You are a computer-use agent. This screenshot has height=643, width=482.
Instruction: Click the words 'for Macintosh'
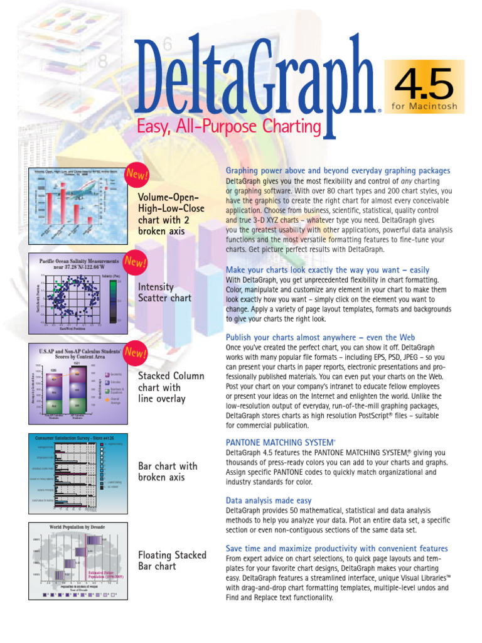(425, 105)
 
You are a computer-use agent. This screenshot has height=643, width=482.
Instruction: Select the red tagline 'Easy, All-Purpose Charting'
(229, 128)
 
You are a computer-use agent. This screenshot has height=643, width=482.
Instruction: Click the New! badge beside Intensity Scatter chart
(135, 261)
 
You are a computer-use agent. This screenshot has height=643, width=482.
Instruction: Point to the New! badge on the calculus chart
(135, 353)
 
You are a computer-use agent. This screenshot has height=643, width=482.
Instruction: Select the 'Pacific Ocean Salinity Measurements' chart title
(78, 264)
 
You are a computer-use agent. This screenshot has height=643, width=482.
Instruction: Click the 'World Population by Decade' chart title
(77, 526)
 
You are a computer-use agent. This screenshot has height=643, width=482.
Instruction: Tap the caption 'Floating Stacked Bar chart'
(172, 560)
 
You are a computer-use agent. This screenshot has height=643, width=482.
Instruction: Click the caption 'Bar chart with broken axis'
(168, 472)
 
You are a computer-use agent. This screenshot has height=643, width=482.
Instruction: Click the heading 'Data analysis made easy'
(268, 500)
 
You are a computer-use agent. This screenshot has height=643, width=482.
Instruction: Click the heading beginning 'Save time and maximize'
(336, 548)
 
